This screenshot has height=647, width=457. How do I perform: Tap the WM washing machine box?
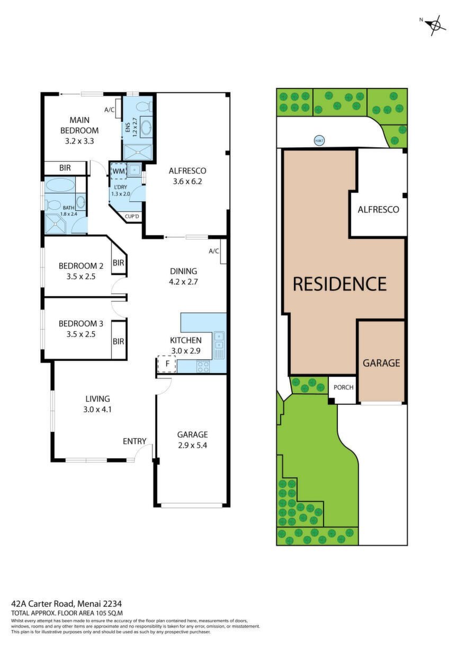click(x=119, y=171)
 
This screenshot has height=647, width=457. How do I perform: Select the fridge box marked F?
click(x=167, y=364)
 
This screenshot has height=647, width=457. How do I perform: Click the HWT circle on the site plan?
click(x=319, y=140)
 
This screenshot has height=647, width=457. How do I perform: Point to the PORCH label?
click(x=344, y=387)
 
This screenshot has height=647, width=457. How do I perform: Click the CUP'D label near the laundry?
click(x=132, y=216)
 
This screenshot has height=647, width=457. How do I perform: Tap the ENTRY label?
click(x=135, y=441)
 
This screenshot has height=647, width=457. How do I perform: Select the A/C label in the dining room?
click(x=214, y=251)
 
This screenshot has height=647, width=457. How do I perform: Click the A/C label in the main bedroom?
click(x=110, y=110)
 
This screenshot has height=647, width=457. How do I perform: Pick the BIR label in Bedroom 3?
click(x=119, y=341)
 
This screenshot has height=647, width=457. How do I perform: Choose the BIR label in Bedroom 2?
click(x=119, y=262)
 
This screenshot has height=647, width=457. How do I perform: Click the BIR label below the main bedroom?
click(x=65, y=168)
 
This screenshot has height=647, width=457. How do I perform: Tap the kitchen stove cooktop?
click(x=203, y=367)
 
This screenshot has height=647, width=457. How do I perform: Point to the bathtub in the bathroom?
click(x=60, y=185)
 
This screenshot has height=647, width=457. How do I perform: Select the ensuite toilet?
click(x=144, y=107)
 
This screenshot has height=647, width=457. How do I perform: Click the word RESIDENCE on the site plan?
click(x=340, y=283)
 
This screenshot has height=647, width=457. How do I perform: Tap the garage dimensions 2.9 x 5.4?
click(x=193, y=445)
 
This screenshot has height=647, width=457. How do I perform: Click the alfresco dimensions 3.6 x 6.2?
click(x=187, y=181)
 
